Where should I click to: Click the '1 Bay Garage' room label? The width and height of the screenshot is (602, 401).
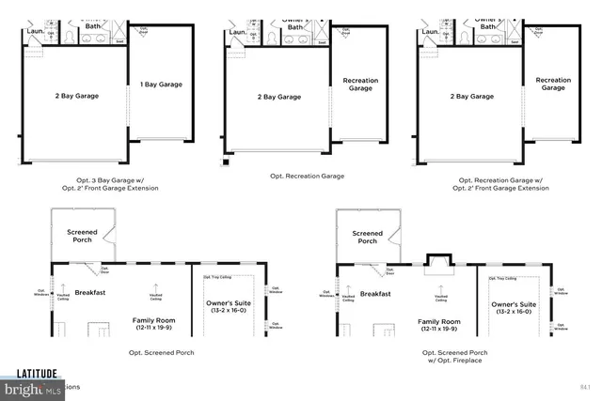pyautogui.click(x=161, y=85)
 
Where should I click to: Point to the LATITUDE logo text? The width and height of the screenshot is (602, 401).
pyautogui.click(x=29, y=373)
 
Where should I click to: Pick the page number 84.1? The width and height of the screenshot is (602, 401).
pyautogui.click(x=584, y=386)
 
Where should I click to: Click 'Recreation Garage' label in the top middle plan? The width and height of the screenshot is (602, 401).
pyautogui.click(x=360, y=85)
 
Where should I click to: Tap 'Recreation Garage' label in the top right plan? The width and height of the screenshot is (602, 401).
pyautogui.click(x=553, y=85)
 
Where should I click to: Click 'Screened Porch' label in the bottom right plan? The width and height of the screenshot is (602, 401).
pyautogui.click(x=367, y=237)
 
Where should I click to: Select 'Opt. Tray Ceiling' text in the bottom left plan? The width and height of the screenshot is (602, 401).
pyautogui.click(x=218, y=279)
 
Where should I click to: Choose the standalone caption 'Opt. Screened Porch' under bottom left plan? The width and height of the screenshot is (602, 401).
pyautogui.click(x=161, y=352)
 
